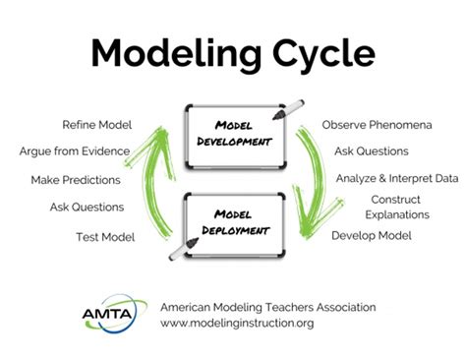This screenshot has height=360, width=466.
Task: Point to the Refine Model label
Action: pos(96,126)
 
